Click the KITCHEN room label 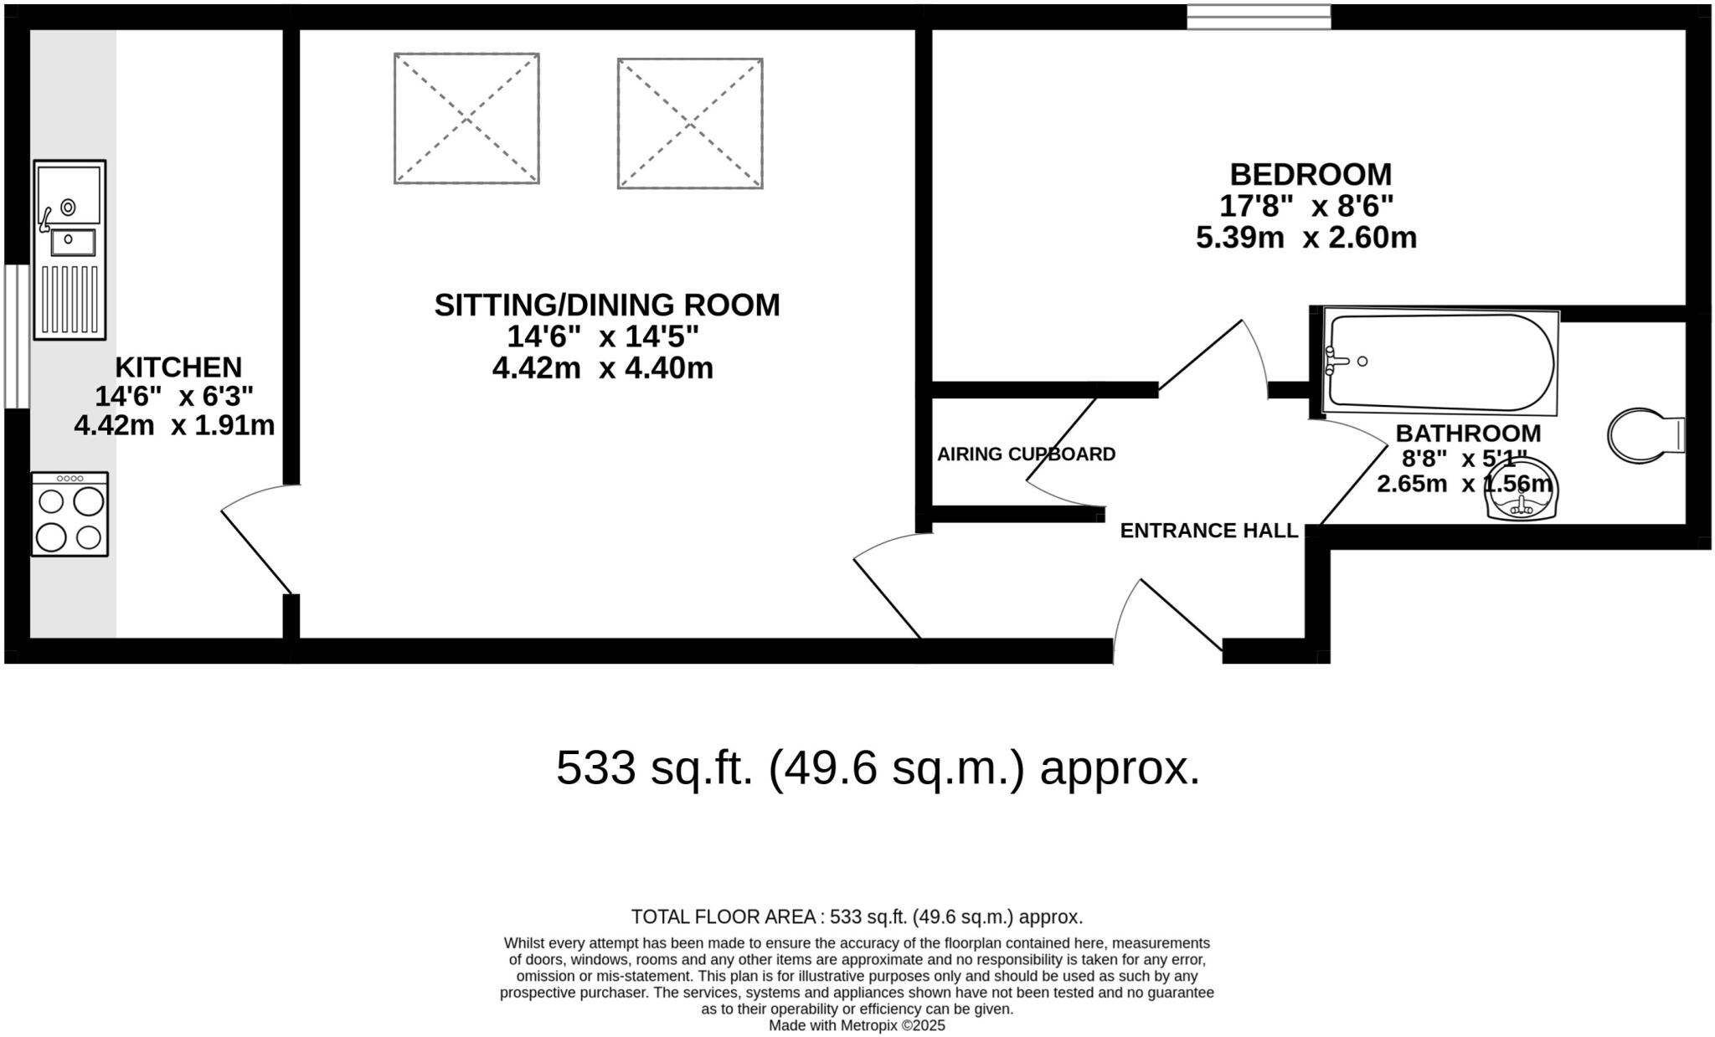click(178, 367)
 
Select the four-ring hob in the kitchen click(70, 514)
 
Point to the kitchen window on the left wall click(17, 336)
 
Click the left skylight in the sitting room click(466, 118)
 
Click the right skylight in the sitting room click(690, 123)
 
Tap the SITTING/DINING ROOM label click(606, 305)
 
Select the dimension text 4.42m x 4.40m click(602, 368)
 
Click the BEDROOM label click(1310, 174)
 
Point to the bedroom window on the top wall click(1259, 17)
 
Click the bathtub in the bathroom click(1440, 362)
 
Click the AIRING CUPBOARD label click(1026, 454)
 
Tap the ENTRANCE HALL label click(1208, 531)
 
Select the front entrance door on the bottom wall click(1168, 619)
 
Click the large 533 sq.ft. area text click(878, 767)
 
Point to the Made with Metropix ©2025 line click(857, 1025)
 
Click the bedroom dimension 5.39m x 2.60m click(1306, 238)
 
